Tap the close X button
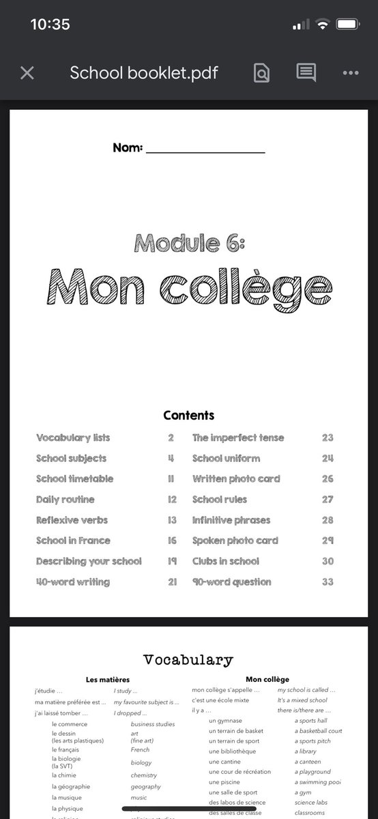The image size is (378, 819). tap(27, 73)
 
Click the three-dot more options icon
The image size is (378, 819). tap(351, 73)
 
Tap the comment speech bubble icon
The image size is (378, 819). tap(306, 73)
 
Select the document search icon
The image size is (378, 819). tap(261, 73)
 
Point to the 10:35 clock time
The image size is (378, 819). tap(50, 25)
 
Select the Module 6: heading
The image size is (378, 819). tap(189, 242)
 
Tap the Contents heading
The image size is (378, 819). tap(189, 415)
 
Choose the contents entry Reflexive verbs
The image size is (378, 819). tap(72, 520)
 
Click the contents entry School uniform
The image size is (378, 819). tap(226, 459)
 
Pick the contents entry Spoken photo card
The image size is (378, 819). tap(235, 541)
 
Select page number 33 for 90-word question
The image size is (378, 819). tap(328, 582)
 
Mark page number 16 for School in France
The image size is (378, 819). tap(172, 541)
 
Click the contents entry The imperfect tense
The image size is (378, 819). tap(238, 438)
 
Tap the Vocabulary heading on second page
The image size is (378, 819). tap(188, 660)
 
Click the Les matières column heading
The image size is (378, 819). tap(107, 680)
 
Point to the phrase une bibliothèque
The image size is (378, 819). tap(233, 751)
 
